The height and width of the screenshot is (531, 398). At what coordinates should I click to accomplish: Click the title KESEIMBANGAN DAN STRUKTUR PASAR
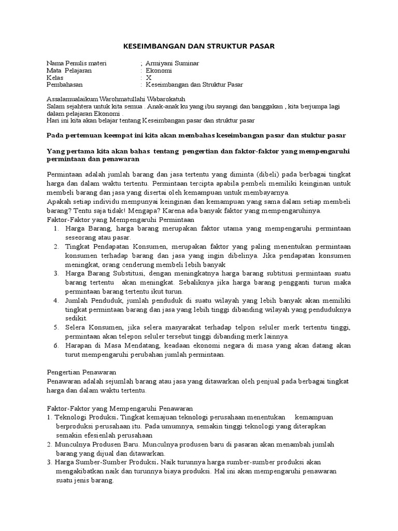[x=198, y=47]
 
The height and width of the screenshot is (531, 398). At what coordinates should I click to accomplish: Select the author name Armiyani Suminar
[x=173, y=63]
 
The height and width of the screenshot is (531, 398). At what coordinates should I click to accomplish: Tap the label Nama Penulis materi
[x=76, y=63]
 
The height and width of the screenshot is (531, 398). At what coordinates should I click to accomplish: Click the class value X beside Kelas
[x=149, y=78]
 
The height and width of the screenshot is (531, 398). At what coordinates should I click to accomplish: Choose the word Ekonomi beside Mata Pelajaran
[x=159, y=71]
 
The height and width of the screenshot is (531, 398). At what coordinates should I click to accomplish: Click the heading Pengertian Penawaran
[x=81, y=372]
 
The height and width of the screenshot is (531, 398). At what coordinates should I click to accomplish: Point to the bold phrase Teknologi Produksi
[x=84, y=417]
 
